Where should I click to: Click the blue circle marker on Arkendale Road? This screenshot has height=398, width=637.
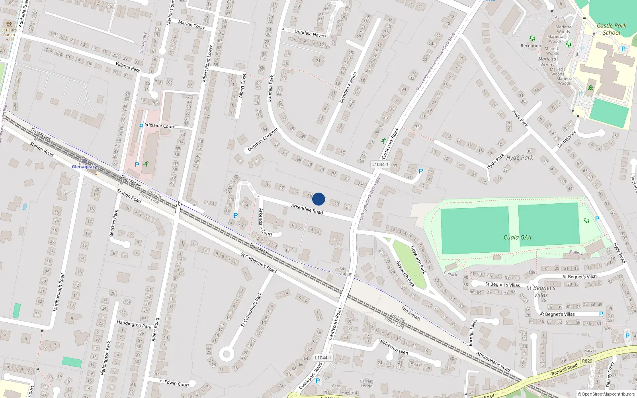click(x=318, y=199)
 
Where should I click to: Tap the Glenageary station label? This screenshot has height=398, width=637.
click(x=84, y=167)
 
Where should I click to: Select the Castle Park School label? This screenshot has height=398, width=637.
click(x=612, y=29)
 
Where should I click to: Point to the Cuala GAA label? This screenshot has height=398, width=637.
click(x=517, y=237)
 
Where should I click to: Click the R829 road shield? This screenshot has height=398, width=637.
click(x=587, y=361)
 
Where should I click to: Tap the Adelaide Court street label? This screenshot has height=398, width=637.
click(x=160, y=126)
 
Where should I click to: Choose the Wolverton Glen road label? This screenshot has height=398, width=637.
click(x=393, y=347)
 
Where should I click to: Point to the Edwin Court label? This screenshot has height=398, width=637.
click(x=177, y=383)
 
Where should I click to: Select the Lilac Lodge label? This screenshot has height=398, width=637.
click(x=342, y=274)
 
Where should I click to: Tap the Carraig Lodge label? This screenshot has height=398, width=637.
click(x=366, y=384)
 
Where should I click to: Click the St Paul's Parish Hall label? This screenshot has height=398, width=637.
click(x=9, y=34)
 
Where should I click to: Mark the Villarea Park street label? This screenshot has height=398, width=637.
click(x=128, y=67)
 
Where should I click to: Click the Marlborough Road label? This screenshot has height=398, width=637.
click(x=59, y=292)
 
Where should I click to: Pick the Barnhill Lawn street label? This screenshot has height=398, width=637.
click(x=473, y=332)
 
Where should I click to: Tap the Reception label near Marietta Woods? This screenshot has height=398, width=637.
click(x=531, y=46)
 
